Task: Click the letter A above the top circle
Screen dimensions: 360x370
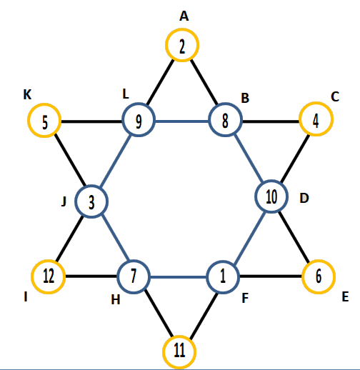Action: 184,16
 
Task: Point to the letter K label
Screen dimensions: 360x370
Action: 27,94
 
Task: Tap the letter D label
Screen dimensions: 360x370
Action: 304,198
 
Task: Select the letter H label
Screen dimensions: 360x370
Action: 116,300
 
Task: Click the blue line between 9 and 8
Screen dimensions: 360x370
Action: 182,121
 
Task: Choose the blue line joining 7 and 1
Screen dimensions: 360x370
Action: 179,277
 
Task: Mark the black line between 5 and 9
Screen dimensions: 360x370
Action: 91,121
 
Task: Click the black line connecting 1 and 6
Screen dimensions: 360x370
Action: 271,276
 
